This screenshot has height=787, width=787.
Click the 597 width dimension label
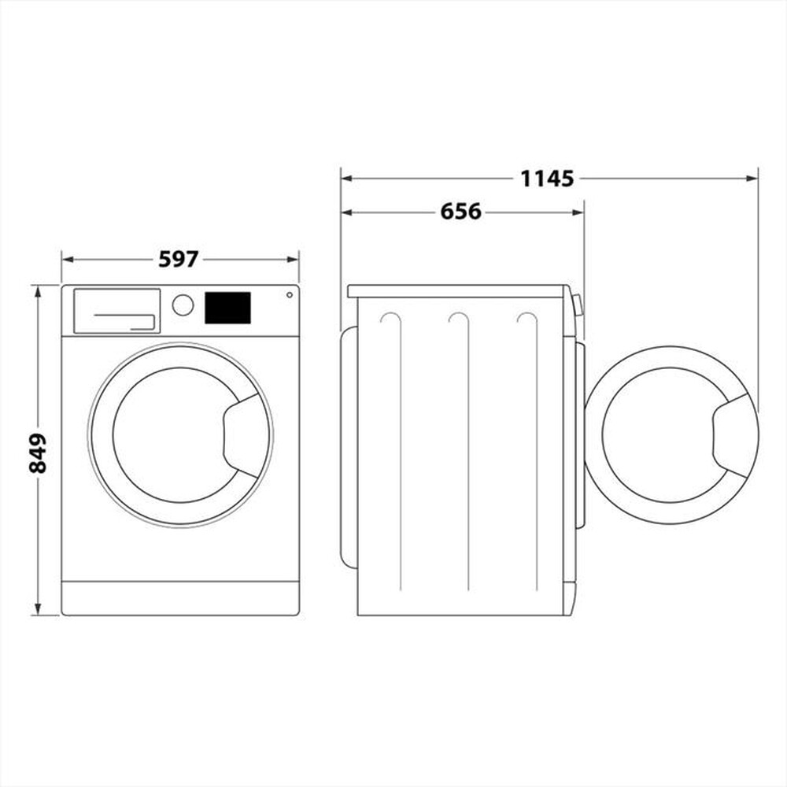point(179,259)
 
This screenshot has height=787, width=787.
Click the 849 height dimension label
point(38,453)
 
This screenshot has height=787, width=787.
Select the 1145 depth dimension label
point(547,179)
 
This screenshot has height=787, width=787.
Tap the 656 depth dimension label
point(460,212)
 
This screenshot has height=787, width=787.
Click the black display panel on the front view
point(227,308)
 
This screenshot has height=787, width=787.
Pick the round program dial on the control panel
point(183,305)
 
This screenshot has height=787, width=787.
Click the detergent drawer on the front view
point(116,311)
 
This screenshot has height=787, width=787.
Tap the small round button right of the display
point(289,295)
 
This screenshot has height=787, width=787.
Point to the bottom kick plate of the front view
point(180,598)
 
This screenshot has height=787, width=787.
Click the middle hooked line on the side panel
point(464,449)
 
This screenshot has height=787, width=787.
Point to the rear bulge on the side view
point(348,446)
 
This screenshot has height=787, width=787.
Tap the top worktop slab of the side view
point(456,291)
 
